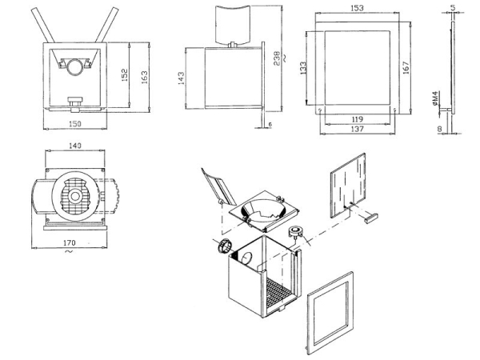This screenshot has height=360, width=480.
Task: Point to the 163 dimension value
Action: [x=145, y=74]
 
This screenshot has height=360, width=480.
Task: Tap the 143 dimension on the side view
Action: [x=181, y=78]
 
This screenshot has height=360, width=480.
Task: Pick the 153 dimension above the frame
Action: [x=356, y=7]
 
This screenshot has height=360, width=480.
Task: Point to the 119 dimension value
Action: [x=356, y=118]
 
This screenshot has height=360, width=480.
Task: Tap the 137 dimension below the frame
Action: [x=356, y=128]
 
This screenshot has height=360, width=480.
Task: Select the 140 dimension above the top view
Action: [x=76, y=146]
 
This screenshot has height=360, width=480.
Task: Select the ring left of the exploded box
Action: [x=224, y=246]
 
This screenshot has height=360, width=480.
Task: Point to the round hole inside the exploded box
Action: [x=246, y=259]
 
